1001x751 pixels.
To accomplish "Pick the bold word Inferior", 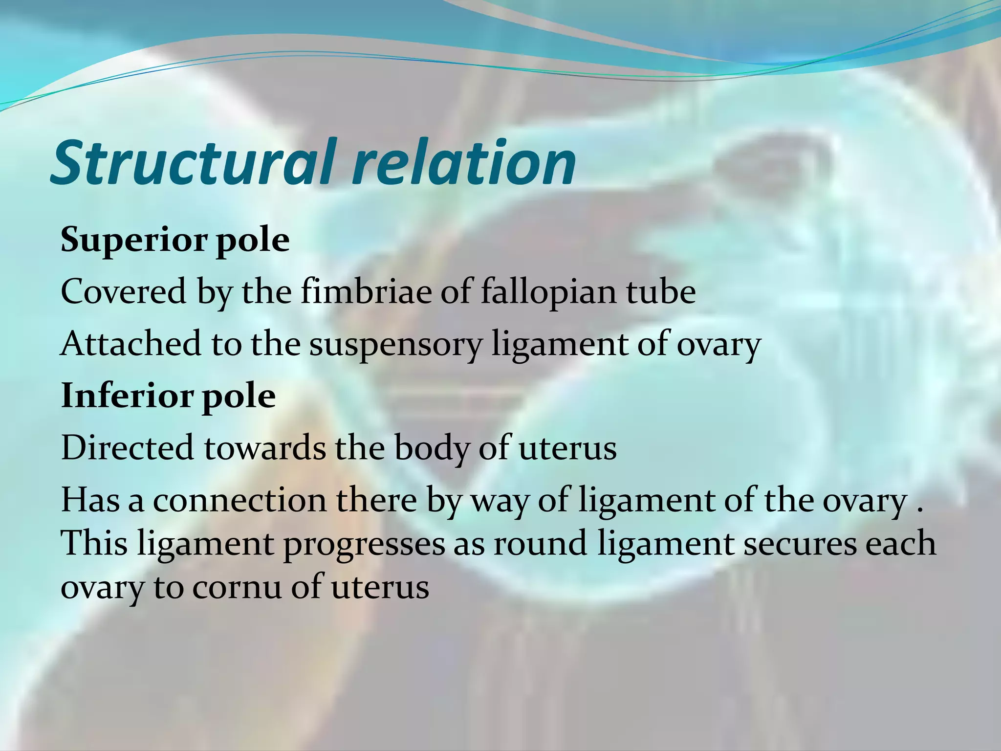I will (127, 396).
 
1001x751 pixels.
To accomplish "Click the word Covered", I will (124, 292).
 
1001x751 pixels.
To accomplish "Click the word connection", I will (239, 501).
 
